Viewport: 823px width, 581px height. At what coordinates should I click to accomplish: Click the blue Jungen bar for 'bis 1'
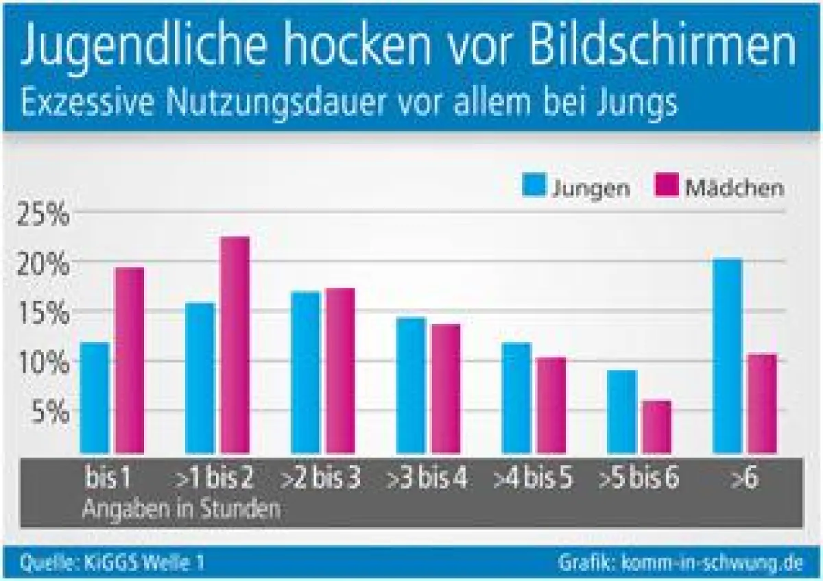pos(95,397)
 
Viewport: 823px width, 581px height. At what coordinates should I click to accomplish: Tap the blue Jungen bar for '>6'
pos(728,356)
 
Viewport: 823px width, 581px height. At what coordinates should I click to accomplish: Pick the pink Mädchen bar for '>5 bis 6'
pos(656,427)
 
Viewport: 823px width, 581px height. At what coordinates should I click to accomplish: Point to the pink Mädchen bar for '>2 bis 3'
pos(340,371)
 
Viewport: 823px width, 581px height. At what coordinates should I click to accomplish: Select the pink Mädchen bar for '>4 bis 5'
pos(551,405)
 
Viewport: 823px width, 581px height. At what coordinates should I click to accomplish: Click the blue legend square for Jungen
pos(533,186)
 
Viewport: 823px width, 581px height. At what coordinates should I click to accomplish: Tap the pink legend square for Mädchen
pos(666,186)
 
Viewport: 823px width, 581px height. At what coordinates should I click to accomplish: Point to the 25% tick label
pos(43,216)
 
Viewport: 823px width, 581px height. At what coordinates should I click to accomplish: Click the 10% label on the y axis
pos(43,362)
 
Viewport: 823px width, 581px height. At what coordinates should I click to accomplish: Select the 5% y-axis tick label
pos(50,412)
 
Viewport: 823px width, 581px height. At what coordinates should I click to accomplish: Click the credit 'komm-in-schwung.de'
pos(711,563)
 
